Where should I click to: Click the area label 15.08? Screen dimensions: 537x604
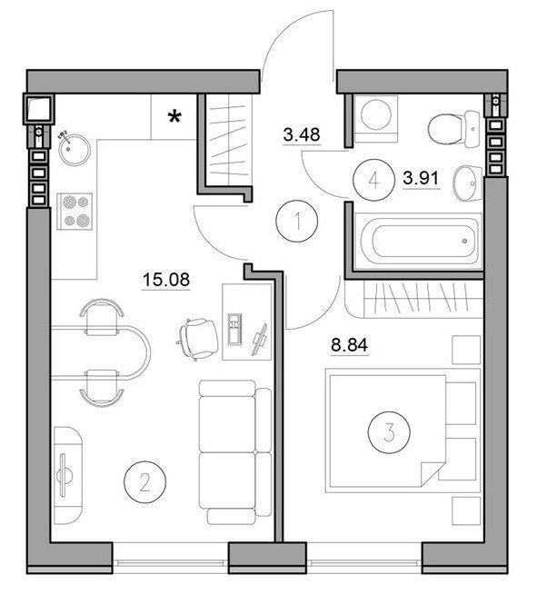point(166,279)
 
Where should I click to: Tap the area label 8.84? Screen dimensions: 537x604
point(350,345)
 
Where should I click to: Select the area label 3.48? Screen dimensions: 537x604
point(302,134)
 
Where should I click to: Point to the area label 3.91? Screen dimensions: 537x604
point(421,178)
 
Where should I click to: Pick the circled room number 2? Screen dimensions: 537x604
point(144,481)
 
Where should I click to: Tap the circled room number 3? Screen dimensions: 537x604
point(389,432)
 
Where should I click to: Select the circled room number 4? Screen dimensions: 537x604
point(374,180)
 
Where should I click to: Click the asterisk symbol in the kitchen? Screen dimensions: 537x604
point(174,117)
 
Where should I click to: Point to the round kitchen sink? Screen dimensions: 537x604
point(75,150)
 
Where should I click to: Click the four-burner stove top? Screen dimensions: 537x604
point(75,212)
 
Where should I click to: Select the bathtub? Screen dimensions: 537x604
point(419,241)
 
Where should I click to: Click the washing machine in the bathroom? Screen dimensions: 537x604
point(375,119)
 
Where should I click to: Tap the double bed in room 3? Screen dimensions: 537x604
point(403,431)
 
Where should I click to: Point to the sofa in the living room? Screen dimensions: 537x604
point(234,451)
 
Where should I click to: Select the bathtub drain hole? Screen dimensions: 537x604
point(464,241)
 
